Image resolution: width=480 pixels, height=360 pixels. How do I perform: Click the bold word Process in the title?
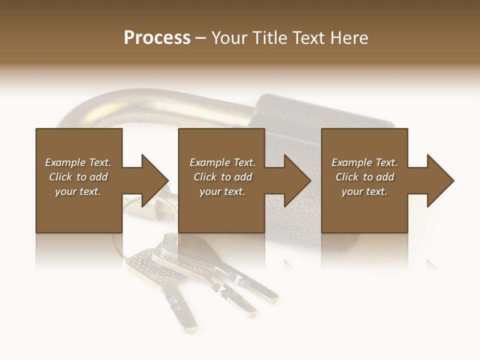[157, 38]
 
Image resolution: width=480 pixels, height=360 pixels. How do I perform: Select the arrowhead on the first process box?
[153, 180]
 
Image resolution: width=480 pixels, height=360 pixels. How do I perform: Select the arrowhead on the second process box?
[296, 180]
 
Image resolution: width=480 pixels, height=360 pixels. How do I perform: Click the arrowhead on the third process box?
[439, 180]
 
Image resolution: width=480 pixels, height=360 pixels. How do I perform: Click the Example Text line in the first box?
[78, 162]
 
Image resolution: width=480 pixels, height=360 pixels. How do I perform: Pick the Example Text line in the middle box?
[222, 162]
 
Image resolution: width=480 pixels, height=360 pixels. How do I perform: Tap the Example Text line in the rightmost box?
[364, 162]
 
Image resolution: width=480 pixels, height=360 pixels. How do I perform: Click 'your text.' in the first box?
[78, 191]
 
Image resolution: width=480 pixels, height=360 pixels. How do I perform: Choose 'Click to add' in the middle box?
[222, 177]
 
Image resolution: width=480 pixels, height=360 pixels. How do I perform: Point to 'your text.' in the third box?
[364, 191]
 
